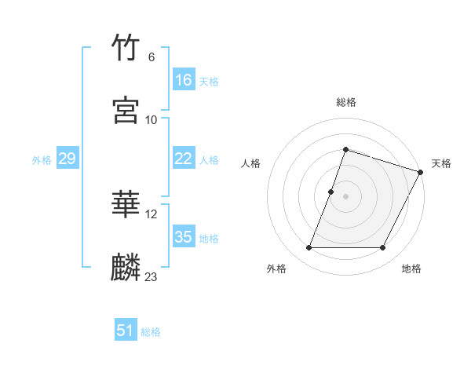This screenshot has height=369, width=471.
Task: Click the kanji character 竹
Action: [x=126, y=49]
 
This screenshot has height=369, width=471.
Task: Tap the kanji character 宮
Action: [x=126, y=111]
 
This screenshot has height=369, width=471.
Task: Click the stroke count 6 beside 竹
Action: [x=152, y=57]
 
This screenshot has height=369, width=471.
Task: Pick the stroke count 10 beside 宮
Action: [x=152, y=119]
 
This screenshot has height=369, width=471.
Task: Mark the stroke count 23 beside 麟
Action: [x=152, y=276]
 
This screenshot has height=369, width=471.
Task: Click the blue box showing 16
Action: [x=183, y=80]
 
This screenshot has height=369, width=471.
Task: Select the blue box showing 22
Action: [x=183, y=159]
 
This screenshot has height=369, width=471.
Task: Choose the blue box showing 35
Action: [x=183, y=237]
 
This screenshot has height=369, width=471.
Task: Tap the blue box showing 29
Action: [x=67, y=159]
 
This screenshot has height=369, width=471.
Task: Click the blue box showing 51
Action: [x=125, y=331]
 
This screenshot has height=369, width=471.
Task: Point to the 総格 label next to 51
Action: [x=151, y=332]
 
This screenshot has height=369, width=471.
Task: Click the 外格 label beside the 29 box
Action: [x=42, y=160]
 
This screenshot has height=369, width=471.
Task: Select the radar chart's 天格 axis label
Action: [x=441, y=163]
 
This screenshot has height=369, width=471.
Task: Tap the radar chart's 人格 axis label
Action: [x=250, y=163]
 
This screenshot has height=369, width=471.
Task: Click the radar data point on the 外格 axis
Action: [x=309, y=248]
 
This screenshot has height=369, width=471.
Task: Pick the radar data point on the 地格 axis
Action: [x=383, y=248]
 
